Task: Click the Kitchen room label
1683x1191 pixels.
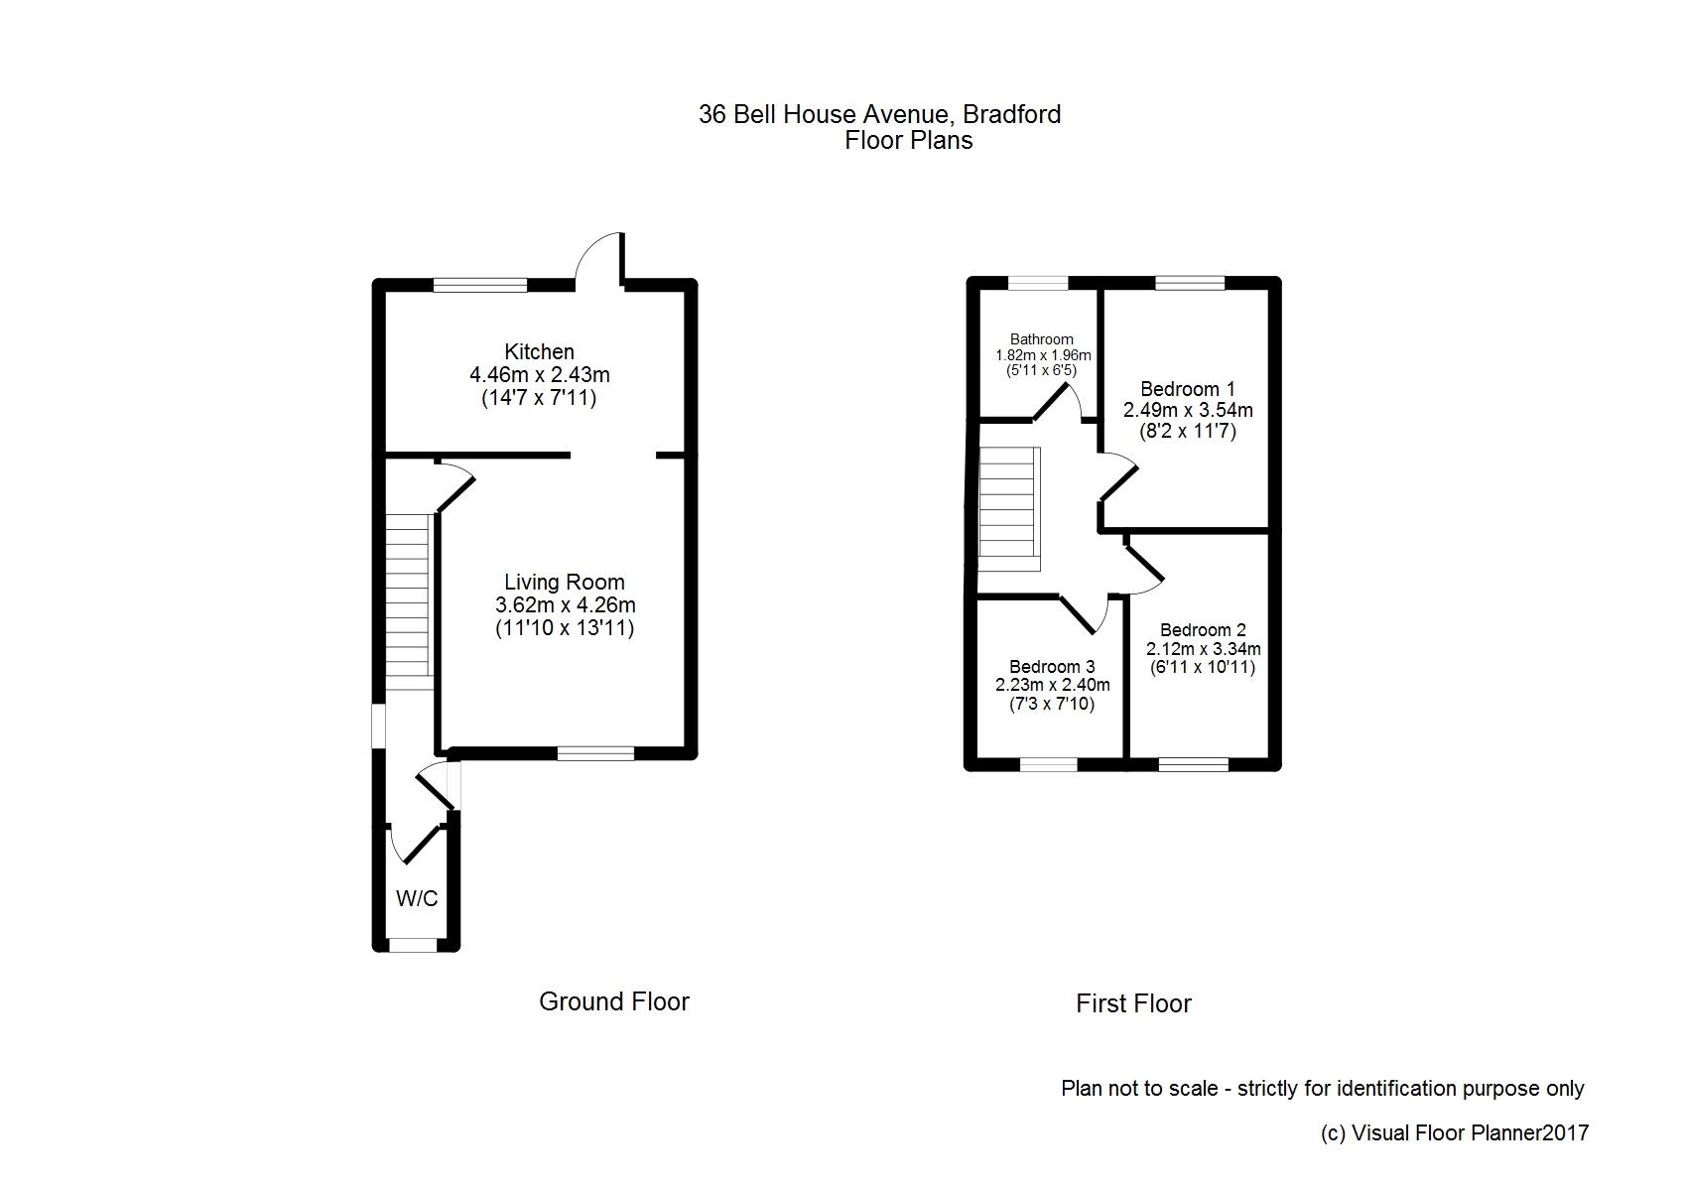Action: [x=539, y=351]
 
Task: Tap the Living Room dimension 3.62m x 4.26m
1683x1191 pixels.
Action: [x=565, y=605]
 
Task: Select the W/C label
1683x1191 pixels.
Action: [x=417, y=899]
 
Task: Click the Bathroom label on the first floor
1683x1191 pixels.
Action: [x=1041, y=339]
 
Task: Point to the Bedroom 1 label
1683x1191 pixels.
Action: [x=1188, y=388]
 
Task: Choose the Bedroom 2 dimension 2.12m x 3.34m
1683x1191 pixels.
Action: [x=1203, y=649]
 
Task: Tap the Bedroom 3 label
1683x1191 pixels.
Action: [x=1052, y=667]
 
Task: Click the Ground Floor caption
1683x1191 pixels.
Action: [x=613, y=1001]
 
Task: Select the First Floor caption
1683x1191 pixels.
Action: [x=1133, y=1003]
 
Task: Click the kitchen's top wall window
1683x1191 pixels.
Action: [x=480, y=285]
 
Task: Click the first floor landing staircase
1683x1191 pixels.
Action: [x=1010, y=508]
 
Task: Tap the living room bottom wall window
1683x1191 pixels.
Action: [x=595, y=753]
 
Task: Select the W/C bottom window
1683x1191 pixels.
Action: [x=413, y=945]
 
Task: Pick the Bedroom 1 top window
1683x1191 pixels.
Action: [x=1189, y=283]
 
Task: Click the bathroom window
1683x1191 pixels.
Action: [x=1039, y=283]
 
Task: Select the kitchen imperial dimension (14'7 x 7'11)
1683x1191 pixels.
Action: [x=539, y=398]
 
